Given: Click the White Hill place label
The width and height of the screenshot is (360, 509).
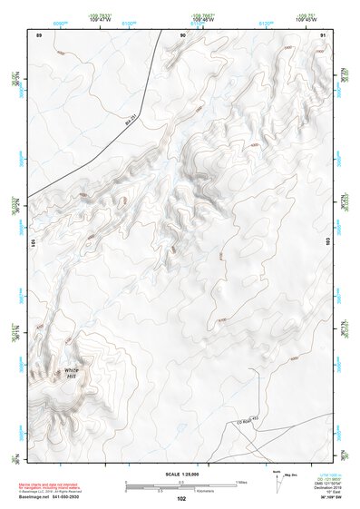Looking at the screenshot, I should coord(71,374).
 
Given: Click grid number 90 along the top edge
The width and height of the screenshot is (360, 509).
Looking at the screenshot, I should coord(182,34).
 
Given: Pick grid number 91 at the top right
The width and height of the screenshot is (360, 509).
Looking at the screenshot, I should coord(323,34).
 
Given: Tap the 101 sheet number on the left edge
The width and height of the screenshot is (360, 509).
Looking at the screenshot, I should coord(33,243).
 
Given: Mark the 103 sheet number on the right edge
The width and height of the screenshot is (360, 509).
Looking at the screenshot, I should coord(328,243).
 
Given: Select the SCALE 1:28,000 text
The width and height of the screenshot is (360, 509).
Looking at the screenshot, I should coord(181,475).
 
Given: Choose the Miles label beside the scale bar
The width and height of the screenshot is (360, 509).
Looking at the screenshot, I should coord(242,482).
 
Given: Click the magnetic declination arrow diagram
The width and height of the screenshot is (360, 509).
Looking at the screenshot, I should coord(275,481).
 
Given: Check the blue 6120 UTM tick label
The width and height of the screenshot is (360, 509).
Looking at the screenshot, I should coord(266,22).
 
